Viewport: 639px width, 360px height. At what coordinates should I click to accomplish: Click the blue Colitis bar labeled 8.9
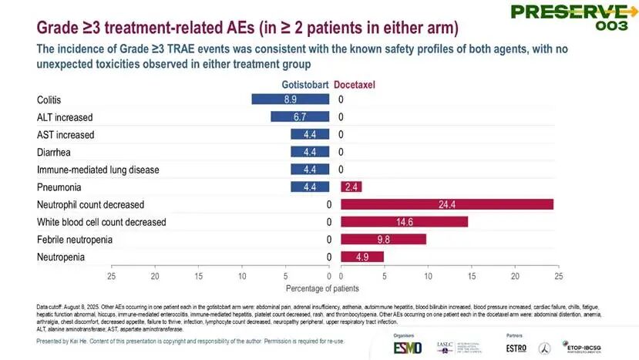pyautogui.click(x=291, y=99)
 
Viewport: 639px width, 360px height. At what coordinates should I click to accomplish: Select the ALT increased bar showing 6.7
pyautogui.click(x=300, y=117)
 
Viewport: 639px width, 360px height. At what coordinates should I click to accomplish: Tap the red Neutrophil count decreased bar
pyautogui.click(x=446, y=204)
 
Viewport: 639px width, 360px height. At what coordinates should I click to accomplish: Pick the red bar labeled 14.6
pyautogui.click(x=404, y=222)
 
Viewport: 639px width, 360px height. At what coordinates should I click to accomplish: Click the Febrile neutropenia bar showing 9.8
pyautogui.click(x=383, y=239)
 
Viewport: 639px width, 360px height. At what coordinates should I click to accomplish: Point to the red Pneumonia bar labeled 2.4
pyautogui.click(x=351, y=187)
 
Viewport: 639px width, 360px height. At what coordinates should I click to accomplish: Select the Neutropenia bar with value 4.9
pyautogui.click(x=362, y=257)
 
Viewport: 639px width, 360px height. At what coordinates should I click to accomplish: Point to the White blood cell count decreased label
pyautogui.click(x=101, y=222)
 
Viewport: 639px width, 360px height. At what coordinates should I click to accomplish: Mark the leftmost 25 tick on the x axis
pyautogui.click(x=111, y=275)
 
